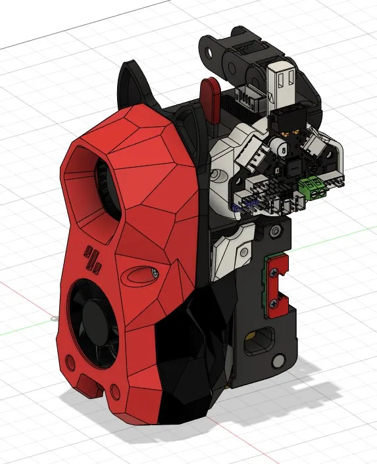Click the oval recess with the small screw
point(141,274)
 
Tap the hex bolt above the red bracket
point(272,231)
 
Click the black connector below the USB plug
point(284,121)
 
